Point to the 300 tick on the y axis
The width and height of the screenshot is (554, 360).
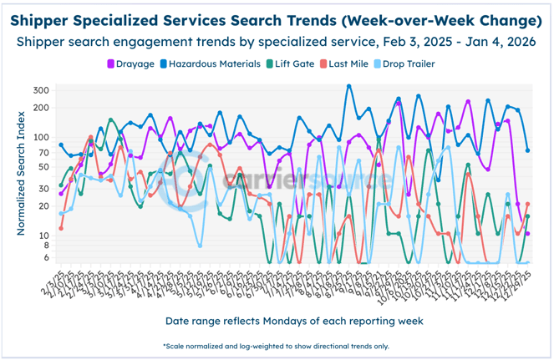tap(42, 90)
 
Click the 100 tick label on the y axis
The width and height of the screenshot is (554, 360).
tap(42, 137)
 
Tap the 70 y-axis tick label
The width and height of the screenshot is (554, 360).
tap(44, 153)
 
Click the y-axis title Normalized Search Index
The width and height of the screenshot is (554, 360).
tap(19, 176)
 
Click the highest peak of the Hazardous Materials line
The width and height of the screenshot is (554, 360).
tap(349, 85)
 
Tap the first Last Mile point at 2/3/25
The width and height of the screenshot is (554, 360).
tap(61, 228)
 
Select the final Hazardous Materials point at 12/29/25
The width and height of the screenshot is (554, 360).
tap(527, 150)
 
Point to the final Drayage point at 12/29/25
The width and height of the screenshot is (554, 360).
tap(527, 234)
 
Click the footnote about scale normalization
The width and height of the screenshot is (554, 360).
tap(275, 345)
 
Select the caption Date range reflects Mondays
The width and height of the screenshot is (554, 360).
tap(275, 321)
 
